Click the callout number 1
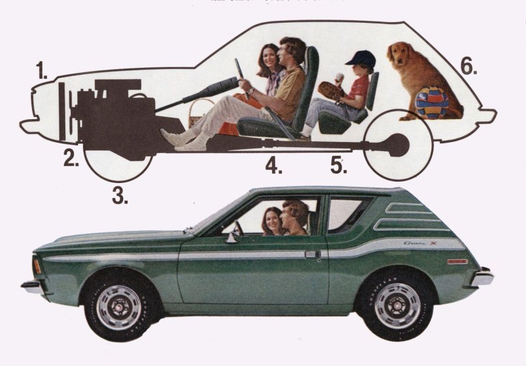click(x=42, y=70)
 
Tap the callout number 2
click(x=71, y=157)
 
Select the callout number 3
click(x=119, y=194)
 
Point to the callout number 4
click(x=273, y=165)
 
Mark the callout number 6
click(x=467, y=66)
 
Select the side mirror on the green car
click(x=230, y=238)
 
